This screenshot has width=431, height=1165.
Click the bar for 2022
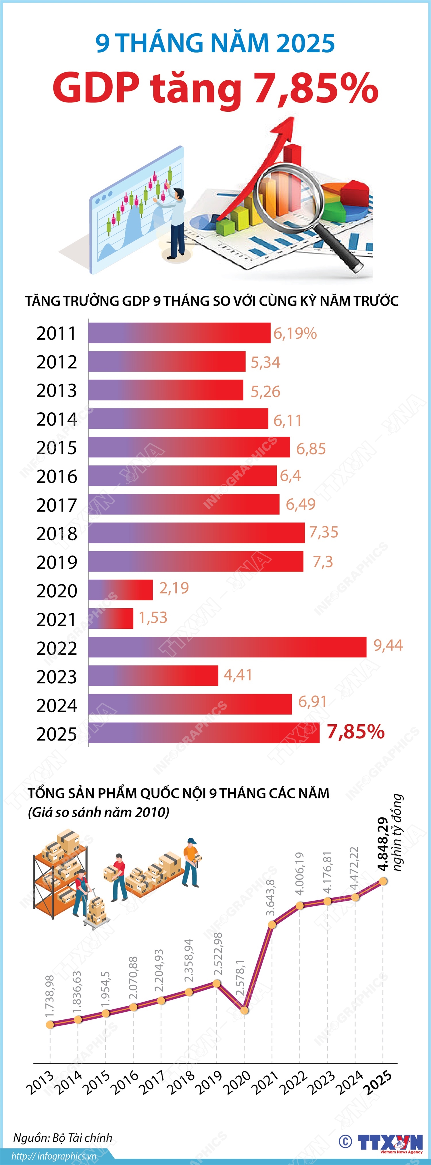point(227,647)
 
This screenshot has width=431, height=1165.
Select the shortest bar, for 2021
point(111,618)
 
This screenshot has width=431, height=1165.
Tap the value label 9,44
point(388,645)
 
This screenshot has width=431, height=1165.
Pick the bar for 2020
point(120,590)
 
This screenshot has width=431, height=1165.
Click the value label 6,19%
point(295,334)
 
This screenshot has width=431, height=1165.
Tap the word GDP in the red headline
point(96,88)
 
